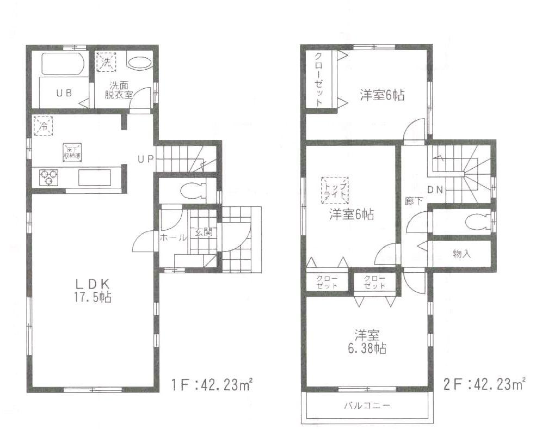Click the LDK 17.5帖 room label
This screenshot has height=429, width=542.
pos(93,290)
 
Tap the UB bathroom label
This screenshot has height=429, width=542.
pos(64,93)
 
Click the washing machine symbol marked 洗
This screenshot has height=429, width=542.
pos(107,62)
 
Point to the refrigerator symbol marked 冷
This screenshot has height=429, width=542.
pos(42,126)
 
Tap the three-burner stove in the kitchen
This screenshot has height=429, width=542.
pos(48,177)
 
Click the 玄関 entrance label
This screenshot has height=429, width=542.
pos(203,232)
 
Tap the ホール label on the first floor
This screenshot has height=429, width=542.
pos(173,237)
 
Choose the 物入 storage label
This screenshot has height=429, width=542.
pos(461,254)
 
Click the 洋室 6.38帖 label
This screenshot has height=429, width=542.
pos(368,341)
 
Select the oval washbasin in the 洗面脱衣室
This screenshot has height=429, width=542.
pos(140,63)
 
